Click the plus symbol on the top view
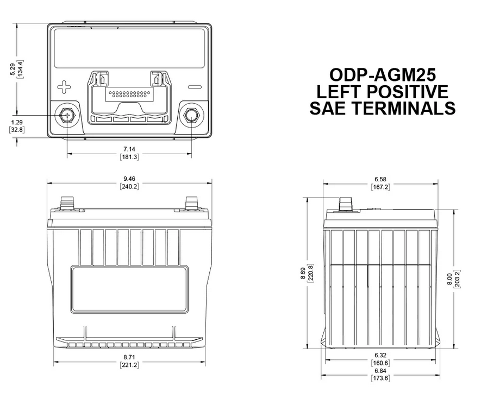pyautogui.click(x=64, y=87)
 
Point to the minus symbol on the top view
pyautogui.click(x=194, y=87)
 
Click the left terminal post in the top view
pyautogui.click(x=67, y=115)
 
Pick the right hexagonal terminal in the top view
pyautogui.click(x=191, y=115)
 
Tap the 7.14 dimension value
pyautogui.click(x=129, y=149)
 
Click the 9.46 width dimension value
pyautogui.click(x=129, y=178)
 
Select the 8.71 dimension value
pyautogui.click(x=129, y=358)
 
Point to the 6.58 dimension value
pyautogui.click(x=380, y=179)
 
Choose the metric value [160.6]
pyautogui.click(x=380, y=363)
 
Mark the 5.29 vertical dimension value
pyautogui.click(x=13, y=69)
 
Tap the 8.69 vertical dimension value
pyautogui.click(x=303, y=272)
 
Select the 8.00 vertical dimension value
pyautogui.click(x=449, y=277)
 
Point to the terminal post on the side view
pyautogui.click(x=345, y=204)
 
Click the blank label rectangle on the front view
pyautogui.click(x=129, y=289)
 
